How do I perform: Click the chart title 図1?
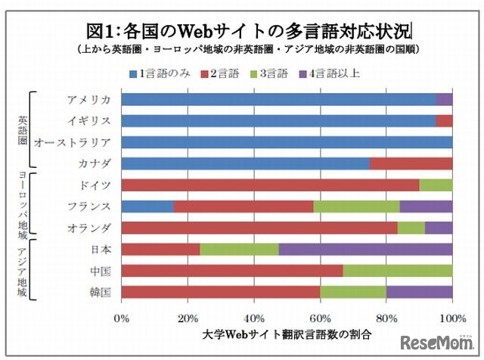pos(250,31)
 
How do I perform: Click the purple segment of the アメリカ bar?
pos(444,99)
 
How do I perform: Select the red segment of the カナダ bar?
pos(411,163)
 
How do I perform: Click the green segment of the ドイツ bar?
pos(436,185)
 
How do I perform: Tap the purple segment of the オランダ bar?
pos(439,228)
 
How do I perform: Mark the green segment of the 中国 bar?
pos(398,271)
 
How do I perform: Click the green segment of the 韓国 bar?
pos(353,292)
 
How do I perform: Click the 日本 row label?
pos(101,250)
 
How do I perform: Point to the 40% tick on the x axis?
pos(254,318)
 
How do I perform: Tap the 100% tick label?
pos(451,318)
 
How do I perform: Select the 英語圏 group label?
pos(23,131)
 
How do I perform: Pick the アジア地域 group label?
pos(23,271)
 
